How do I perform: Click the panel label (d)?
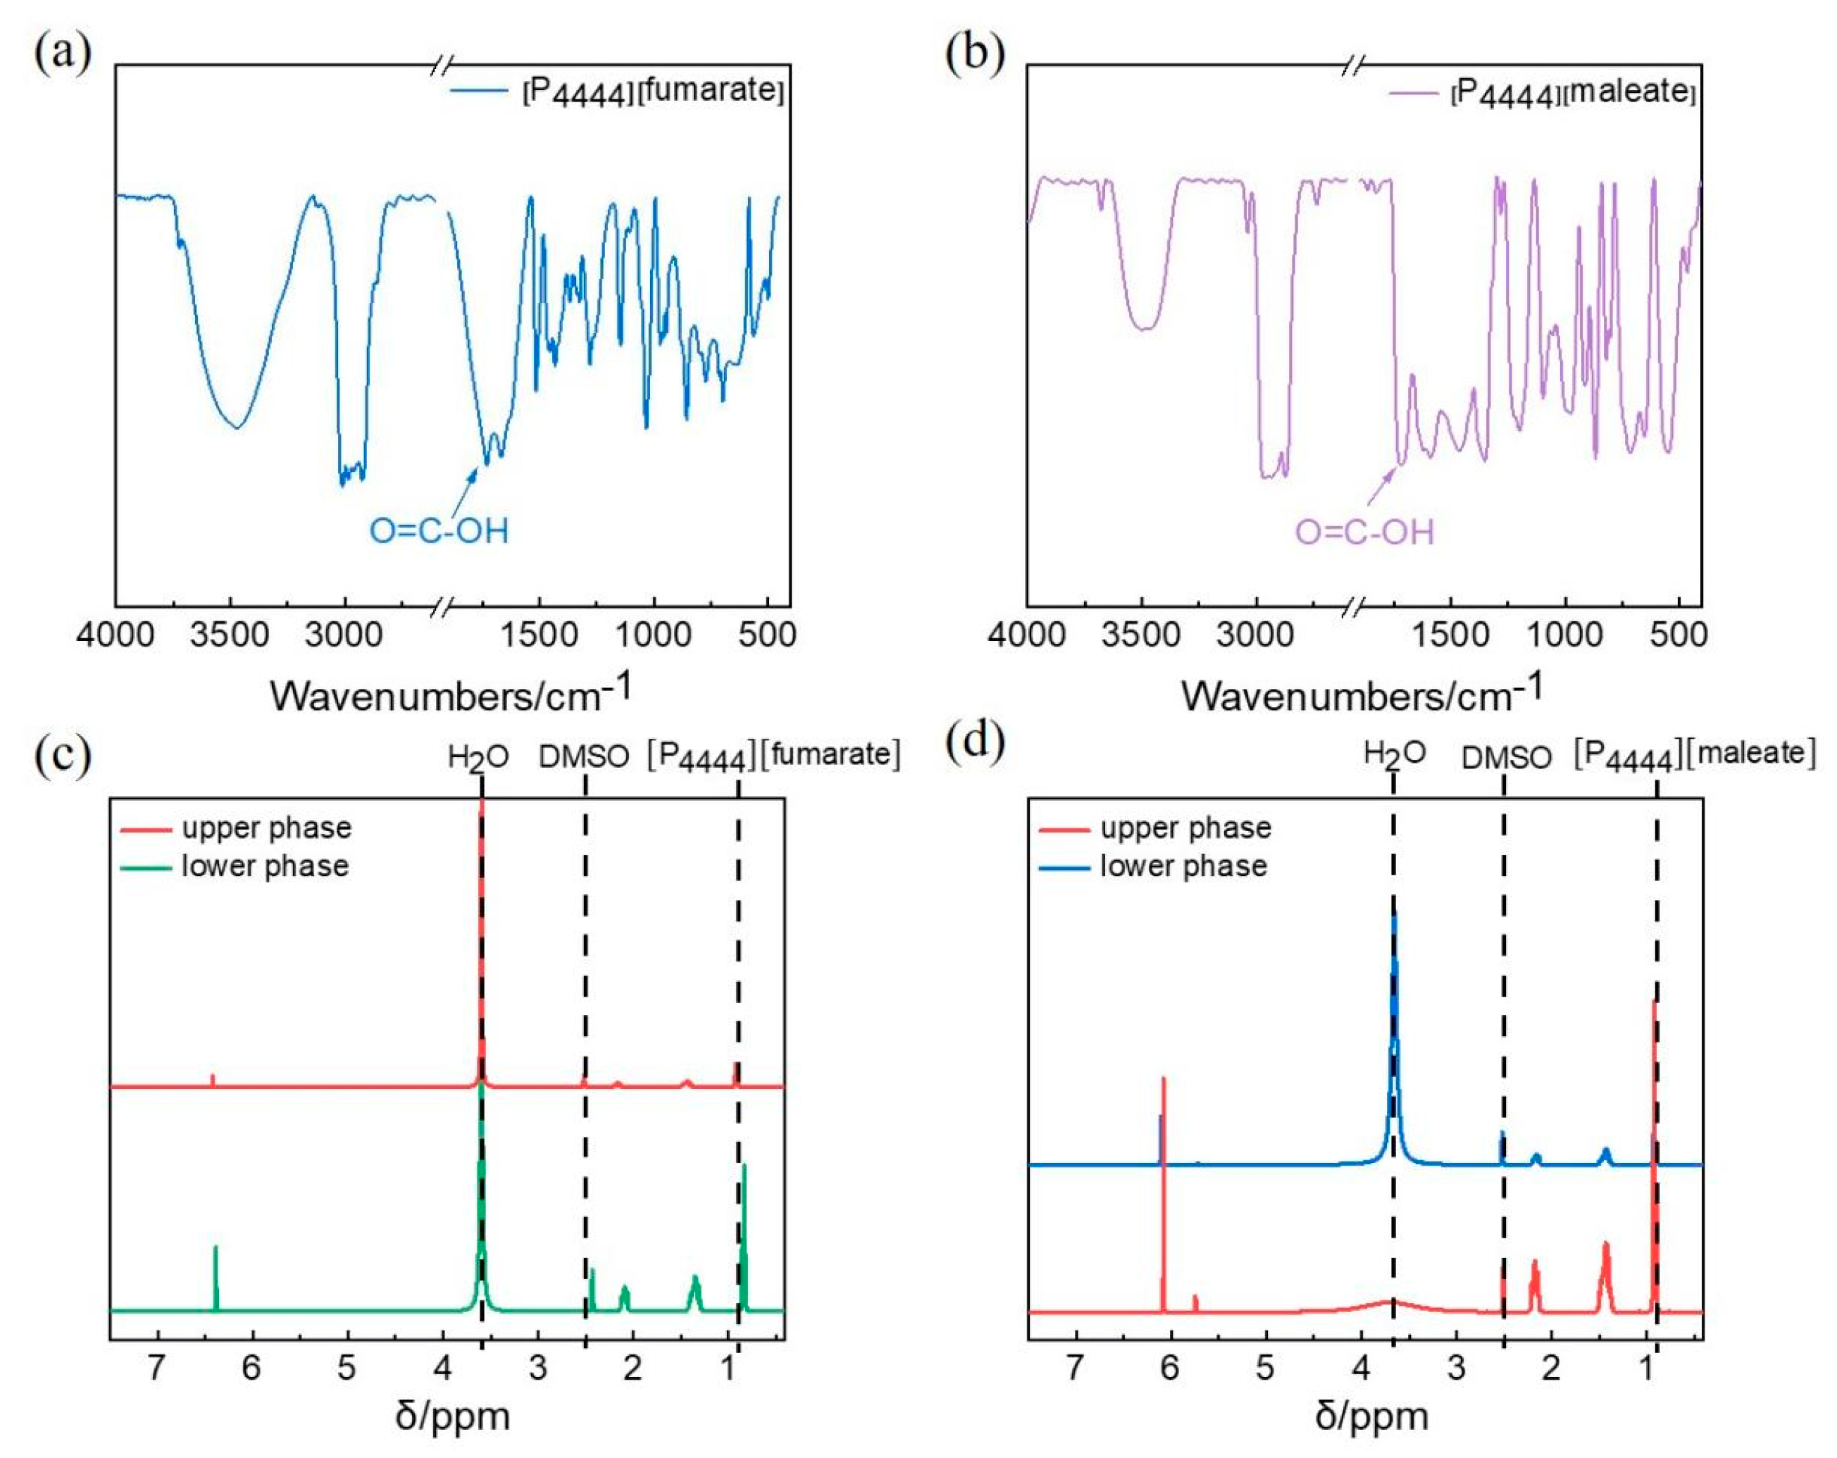[x=975, y=742]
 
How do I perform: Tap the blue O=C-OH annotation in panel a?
[x=439, y=531]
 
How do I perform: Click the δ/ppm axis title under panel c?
[x=452, y=1416]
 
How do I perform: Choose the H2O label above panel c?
[x=478, y=756]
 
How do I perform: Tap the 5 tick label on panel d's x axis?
[x=1265, y=1368]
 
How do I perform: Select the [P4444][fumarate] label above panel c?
[x=773, y=755]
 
